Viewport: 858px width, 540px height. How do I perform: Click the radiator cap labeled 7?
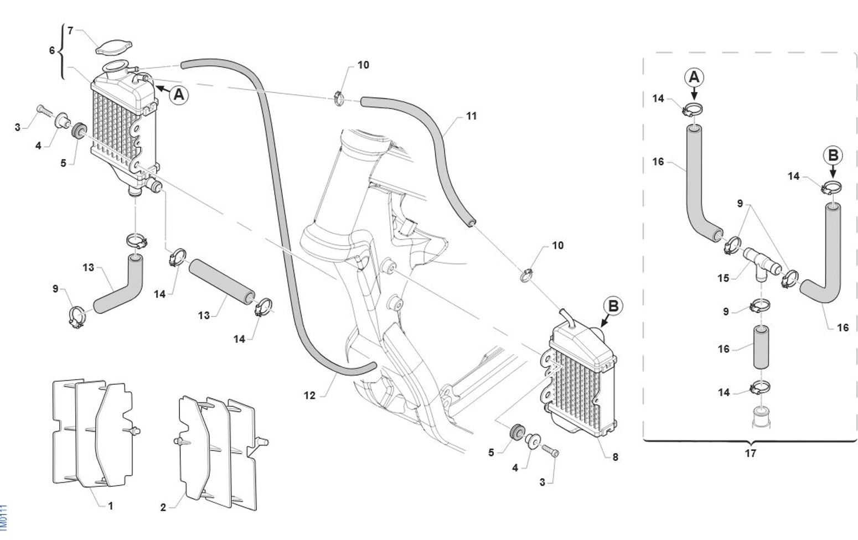114,48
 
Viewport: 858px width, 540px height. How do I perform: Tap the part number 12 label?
309,396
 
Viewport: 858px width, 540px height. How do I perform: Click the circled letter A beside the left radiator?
179,94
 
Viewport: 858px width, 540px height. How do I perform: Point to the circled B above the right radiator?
613,307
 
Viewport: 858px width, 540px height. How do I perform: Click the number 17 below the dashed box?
751,454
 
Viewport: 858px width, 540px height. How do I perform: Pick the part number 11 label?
472,116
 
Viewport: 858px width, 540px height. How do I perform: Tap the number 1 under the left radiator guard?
111,506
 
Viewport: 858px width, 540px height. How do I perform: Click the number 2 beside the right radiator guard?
163,507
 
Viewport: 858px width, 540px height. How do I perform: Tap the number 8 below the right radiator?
615,457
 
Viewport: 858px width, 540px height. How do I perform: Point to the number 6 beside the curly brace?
52,50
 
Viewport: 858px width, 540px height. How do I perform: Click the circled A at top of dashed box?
694,78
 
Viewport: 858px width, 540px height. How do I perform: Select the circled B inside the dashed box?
833,155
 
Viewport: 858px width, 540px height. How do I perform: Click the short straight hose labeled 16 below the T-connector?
761,347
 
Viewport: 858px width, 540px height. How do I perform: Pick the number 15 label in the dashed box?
723,278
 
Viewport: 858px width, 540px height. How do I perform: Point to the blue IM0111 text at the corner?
3,518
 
